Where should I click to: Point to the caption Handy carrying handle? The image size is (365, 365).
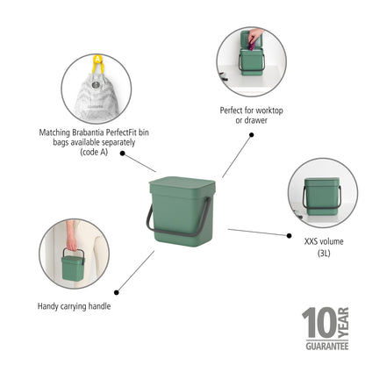74,306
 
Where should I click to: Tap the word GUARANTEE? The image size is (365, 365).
326,348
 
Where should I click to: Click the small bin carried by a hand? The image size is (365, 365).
75,264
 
